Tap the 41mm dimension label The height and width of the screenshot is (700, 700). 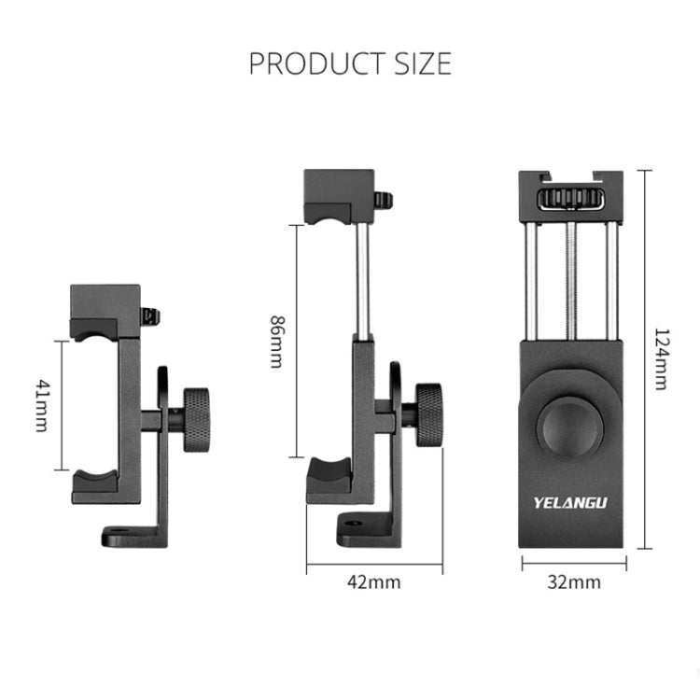(41, 405)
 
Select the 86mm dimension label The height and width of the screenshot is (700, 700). (275, 342)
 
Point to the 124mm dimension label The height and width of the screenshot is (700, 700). (660, 358)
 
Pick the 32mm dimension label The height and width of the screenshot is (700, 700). (573, 582)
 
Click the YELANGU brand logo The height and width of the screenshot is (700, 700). (570, 501)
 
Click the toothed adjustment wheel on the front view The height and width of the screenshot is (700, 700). (569, 200)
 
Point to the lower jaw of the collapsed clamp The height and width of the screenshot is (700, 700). (95, 481)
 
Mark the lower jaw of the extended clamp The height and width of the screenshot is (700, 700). (329, 478)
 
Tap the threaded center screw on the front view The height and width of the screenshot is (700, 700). (569, 280)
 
